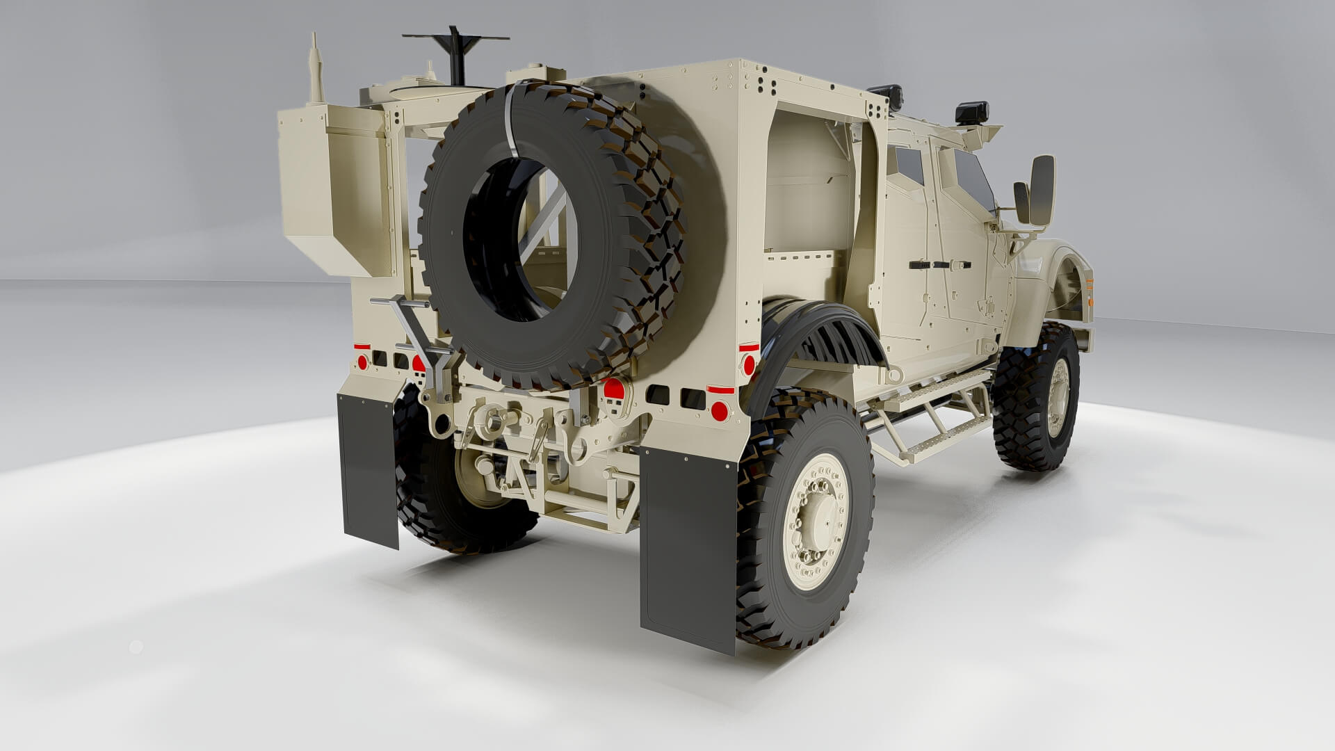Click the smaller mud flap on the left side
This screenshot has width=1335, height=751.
[x=368, y=469]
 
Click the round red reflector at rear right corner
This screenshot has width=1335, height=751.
[x=720, y=411]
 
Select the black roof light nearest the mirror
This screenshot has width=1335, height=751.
[x=971, y=111]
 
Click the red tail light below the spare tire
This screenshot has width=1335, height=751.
[x=613, y=389]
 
